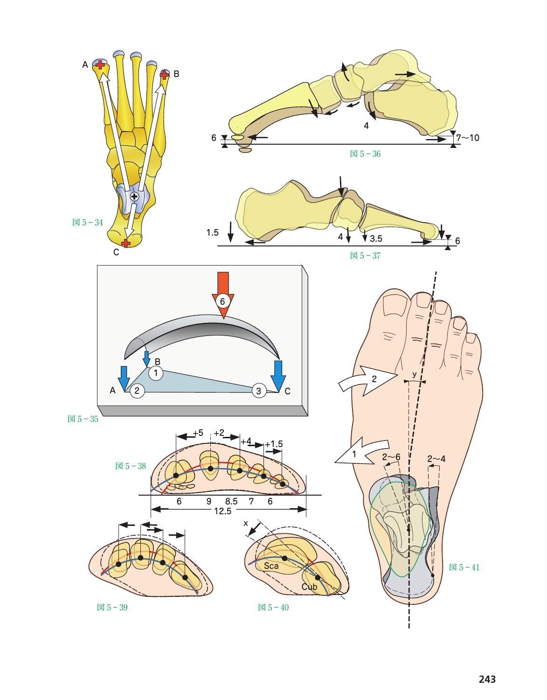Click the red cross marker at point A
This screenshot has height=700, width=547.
(99, 64)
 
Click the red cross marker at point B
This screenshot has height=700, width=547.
(164, 74)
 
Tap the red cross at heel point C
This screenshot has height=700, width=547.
(125, 243)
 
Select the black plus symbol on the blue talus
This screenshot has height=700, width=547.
(134, 196)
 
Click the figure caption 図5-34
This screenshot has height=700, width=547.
(87, 223)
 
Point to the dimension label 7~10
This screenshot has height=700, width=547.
(468, 138)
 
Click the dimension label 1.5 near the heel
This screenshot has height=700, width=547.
(213, 232)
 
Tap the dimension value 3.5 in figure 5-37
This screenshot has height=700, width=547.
(375, 238)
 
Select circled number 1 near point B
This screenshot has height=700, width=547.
(156, 373)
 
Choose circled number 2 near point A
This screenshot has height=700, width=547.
(137, 391)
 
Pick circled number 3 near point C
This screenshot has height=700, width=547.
(259, 391)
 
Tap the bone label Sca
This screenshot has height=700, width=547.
(271, 566)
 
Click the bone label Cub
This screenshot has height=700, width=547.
(309, 587)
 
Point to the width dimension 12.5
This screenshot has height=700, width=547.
(223, 511)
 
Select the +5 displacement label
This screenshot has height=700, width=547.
(197, 433)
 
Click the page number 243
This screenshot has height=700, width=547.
(487, 679)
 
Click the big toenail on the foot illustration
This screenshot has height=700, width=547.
(393, 306)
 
